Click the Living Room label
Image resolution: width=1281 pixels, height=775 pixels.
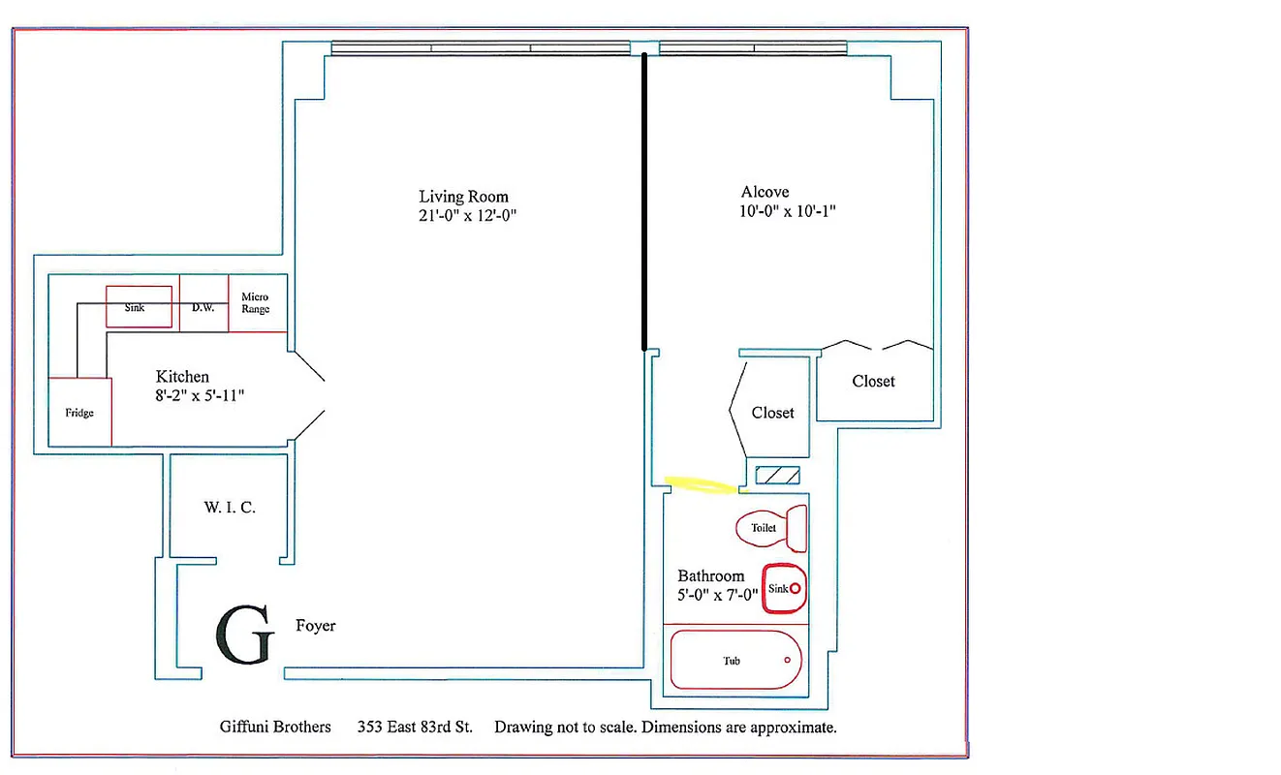[463, 197]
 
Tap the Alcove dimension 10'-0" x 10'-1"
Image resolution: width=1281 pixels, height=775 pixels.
[788, 211]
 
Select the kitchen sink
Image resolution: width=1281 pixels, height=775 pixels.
[139, 307]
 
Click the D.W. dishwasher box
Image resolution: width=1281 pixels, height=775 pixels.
[203, 308]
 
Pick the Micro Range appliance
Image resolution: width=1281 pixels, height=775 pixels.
[256, 303]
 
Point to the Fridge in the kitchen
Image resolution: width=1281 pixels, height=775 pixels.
[79, 412]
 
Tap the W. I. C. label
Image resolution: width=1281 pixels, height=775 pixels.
[230, 507]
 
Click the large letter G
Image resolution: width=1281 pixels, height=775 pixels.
[244, 636]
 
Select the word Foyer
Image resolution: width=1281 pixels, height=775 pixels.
[316, 626]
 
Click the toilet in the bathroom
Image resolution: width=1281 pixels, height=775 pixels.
[772, 528]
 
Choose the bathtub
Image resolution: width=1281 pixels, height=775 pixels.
[736, 661]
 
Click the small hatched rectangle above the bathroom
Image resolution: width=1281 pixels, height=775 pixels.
[777, 476]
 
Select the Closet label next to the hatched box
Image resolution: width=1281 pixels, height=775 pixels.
[772, 413]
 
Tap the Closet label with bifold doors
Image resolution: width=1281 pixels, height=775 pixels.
[873, 382]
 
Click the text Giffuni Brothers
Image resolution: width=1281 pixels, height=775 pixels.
[275, 727]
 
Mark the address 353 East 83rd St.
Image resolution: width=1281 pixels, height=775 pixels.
[415, 727]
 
